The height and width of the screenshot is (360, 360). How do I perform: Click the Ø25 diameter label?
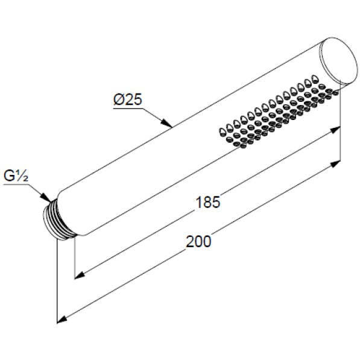click(x=128, y=99)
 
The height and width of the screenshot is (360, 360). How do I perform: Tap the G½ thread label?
click(x=16, y=176)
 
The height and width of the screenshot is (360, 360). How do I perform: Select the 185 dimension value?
click(x=208, y=202)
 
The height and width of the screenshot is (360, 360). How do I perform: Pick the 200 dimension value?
click(x=198, y=242)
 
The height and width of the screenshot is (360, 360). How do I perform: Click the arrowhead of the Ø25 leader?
click(x=167, y=124)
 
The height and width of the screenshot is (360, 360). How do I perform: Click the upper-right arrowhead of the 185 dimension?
click(x=334, y=130)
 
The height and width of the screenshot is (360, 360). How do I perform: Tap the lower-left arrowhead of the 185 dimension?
click(x=81, y=276)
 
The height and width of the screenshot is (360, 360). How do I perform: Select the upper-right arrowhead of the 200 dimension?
click(x=334, y=165)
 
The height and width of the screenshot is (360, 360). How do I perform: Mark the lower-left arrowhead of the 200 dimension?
click(x=63, y=320)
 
